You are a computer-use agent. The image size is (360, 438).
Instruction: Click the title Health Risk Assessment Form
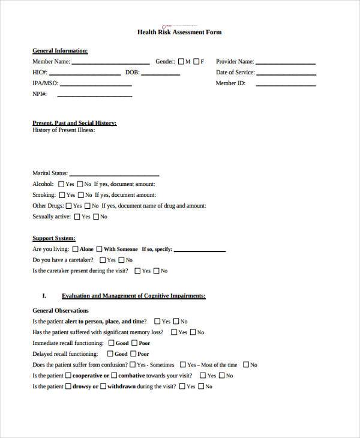(179, 32)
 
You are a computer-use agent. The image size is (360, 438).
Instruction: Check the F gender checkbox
(196, 61)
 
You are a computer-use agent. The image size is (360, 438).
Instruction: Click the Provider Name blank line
(286, 62)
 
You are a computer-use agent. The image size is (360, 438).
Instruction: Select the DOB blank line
(161, 74)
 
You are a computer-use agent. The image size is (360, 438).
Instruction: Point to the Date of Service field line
(287, 74)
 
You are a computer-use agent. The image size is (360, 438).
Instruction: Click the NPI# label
(40, 94)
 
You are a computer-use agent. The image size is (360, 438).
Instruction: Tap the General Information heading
(60, 50)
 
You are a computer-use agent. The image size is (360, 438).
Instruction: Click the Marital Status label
(50, 173)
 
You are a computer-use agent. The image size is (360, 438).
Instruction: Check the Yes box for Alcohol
(61, 184)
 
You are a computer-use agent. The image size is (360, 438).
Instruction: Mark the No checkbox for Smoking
(80, 195)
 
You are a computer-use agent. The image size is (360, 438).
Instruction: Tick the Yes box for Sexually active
(77, 217)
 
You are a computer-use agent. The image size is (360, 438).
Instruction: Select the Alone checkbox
(75, 249)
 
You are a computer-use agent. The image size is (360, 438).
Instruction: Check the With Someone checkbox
(99, 249)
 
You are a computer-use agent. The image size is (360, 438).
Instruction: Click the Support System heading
(53, 238)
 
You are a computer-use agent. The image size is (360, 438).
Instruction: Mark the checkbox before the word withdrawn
(103, 386)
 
